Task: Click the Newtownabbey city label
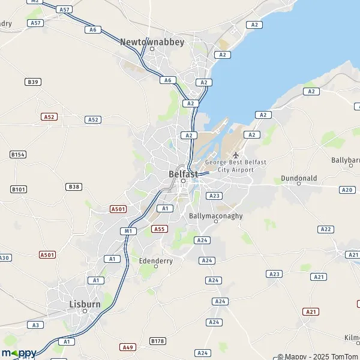click(x=152, y=42)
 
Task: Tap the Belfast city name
click(x=183, y=174)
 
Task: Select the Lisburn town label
click(x=84, y=304)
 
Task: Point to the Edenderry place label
click(x=155, y=261)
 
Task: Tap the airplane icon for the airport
click(x=235, y=155)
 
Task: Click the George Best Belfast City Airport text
click(x=235, y=166)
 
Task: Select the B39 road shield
click(x=32, y=82)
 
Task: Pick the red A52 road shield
click(x=49, y=116)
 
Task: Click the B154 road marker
click(x=18, y=155)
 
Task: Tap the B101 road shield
click(x=19, y=190)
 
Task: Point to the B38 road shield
click(x=74, y=187)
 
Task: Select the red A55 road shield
click(x=159, y=229)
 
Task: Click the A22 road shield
click(x=326, y=229)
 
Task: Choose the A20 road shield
click(x=347, y=190)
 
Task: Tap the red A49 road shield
click(x=127, y=347)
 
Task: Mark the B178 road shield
click(x=157, y=341)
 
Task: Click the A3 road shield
click(x=35, y=325)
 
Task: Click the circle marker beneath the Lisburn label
click(x=85, y=311)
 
